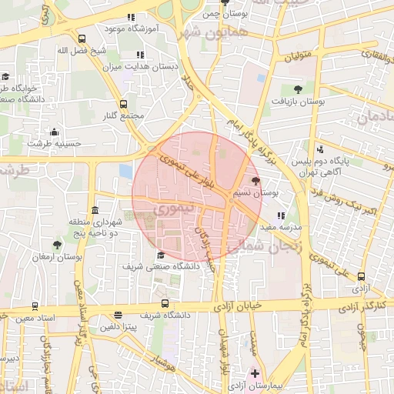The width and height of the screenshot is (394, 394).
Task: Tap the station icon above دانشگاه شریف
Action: point(164,303)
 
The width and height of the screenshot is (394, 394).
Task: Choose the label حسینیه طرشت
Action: point(54,144)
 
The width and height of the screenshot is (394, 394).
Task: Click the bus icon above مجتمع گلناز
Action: point(123,103)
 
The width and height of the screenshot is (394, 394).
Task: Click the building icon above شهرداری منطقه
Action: point(95,210)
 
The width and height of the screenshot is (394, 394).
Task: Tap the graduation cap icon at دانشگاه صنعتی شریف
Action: point(160,255)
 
